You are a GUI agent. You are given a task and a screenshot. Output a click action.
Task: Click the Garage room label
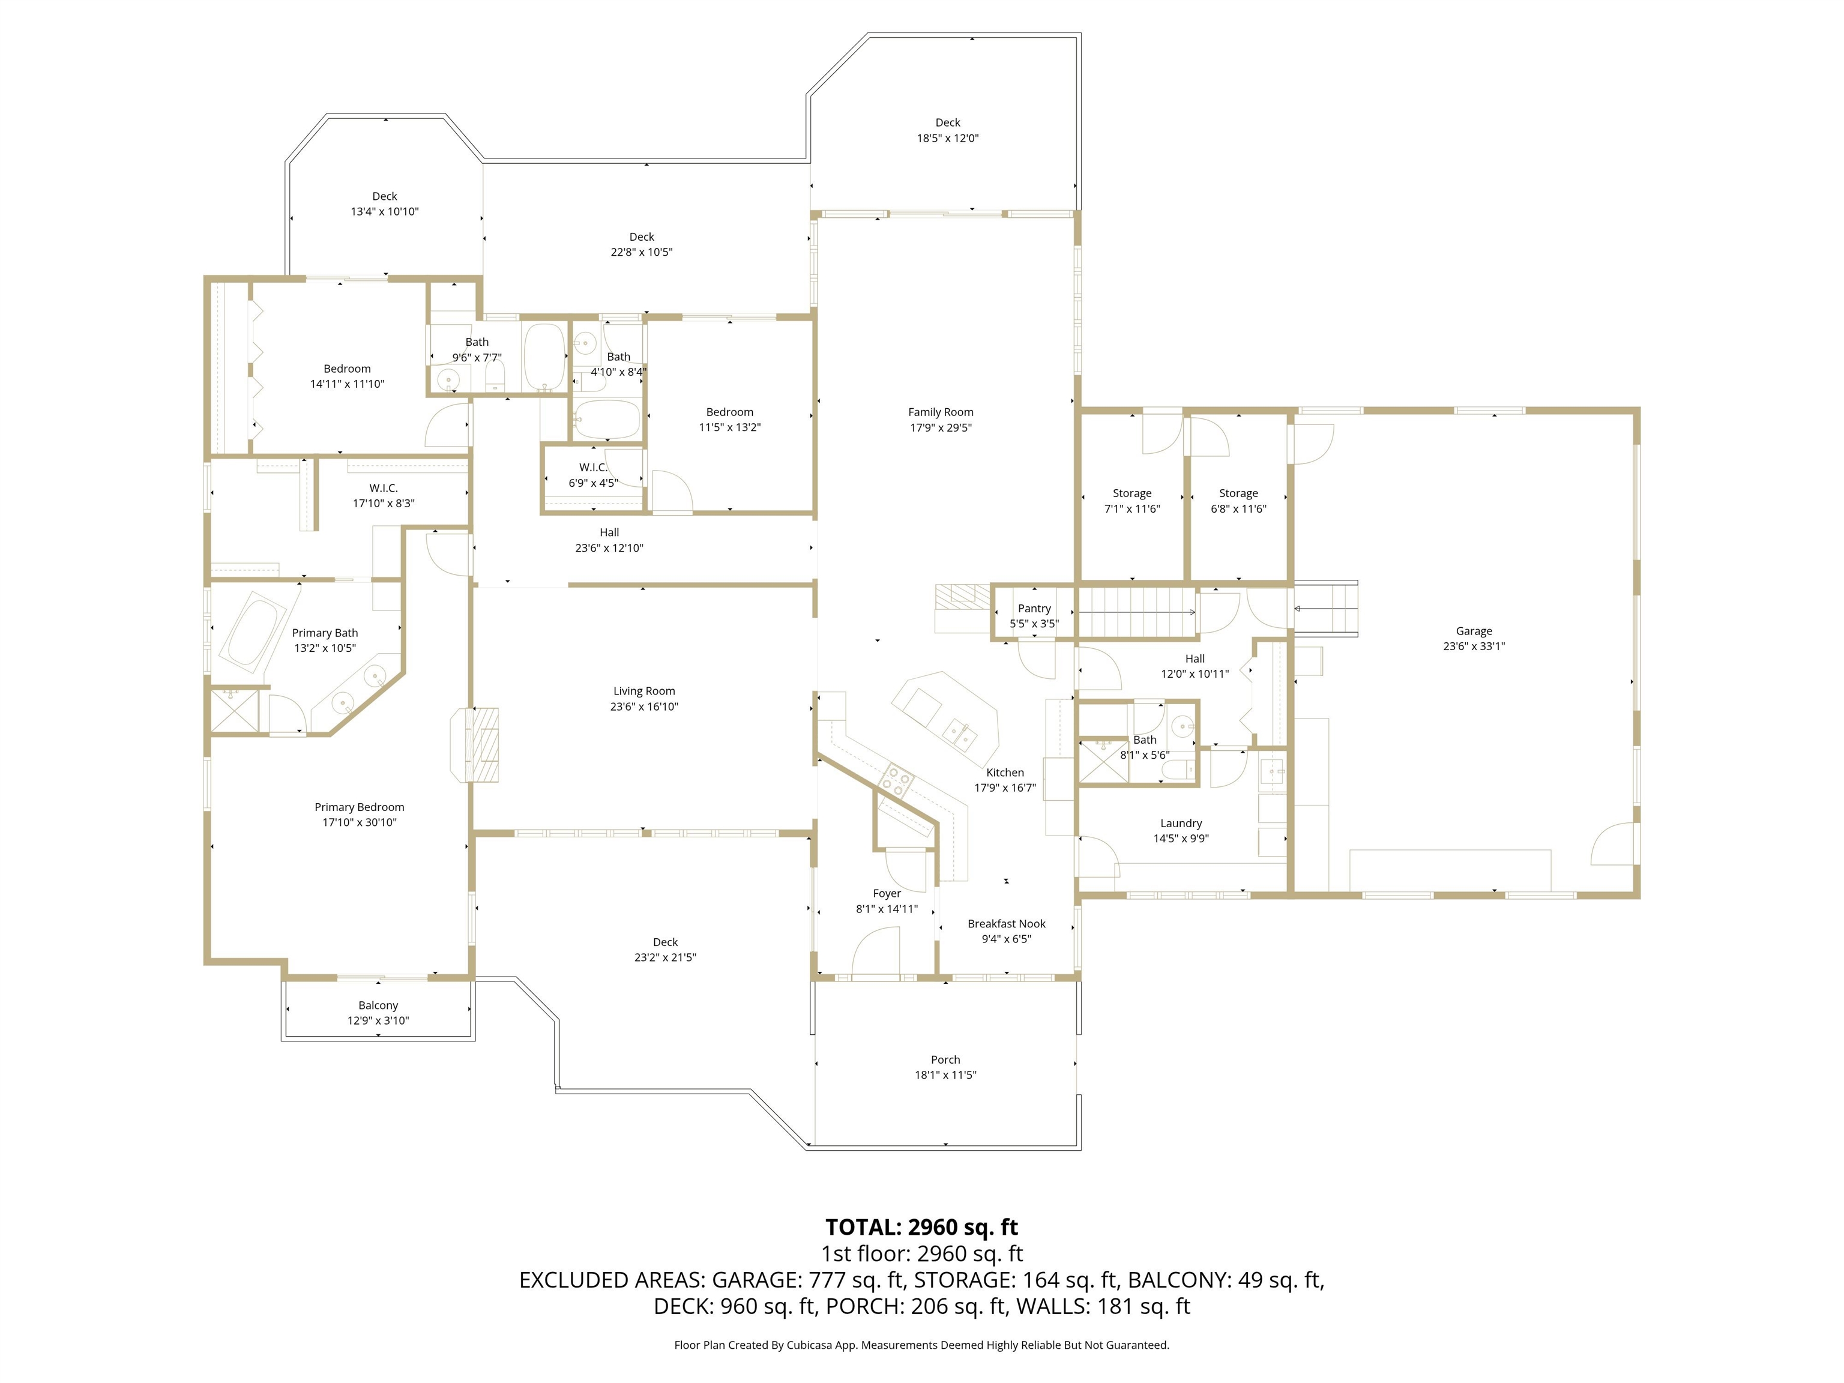(x=1473, y=631)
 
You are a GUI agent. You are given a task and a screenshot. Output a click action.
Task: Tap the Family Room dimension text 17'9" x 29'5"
(x=941, y=427)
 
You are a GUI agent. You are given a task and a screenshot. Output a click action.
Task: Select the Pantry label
(x=1034, y=609)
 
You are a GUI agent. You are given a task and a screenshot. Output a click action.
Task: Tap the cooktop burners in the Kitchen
(x=897, y=780)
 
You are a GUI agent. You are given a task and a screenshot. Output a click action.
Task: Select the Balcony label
(x=378, y=1005)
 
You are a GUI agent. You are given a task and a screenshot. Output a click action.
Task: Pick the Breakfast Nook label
(x=1006, y=924)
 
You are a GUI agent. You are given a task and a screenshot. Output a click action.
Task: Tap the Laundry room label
(x=1181, y=823)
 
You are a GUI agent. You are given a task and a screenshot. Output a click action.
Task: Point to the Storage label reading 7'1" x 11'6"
(x=1131, y=508)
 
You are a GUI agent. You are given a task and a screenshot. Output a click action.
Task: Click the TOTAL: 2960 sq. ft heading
(x=921, y=1227)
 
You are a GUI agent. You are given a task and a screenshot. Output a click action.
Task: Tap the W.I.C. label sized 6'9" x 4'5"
(x=592, y=468)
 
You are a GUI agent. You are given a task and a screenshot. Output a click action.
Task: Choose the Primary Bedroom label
(x=360, y=807)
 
